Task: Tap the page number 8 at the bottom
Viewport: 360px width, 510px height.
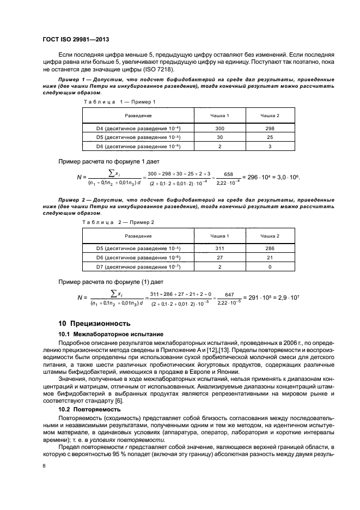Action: (x=44, y=466)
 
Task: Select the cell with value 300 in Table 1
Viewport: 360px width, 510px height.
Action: (x=220, y=128)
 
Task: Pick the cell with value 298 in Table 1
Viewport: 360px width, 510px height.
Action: (x=270, y=128)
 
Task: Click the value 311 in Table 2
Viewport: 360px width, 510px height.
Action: (x=220, y=248)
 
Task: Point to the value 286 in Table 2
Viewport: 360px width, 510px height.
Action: (x=270, y=248)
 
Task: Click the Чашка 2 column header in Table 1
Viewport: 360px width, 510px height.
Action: (x=270, y=116)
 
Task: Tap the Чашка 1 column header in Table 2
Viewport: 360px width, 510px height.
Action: (x=220, y=236)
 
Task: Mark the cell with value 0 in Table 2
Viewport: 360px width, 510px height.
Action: (x=270, y=267)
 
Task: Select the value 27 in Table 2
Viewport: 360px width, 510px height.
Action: (x=220, y=258)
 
